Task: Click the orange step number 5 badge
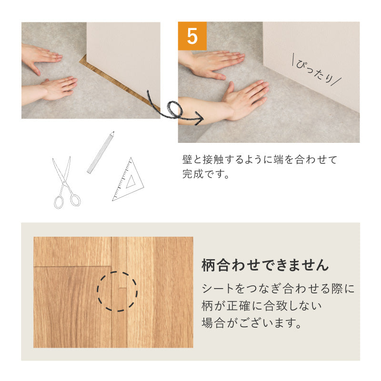(x=192, y=36)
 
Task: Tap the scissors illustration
(x=65, y=183)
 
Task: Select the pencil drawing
(x=100, y=153)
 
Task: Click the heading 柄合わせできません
(x=265, y=265)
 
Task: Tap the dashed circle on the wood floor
(x=117, y=291)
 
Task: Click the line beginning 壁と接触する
(x=260, y=160)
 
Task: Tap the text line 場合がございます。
(x=252, y=323)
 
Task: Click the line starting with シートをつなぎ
(x=278, y=289)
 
